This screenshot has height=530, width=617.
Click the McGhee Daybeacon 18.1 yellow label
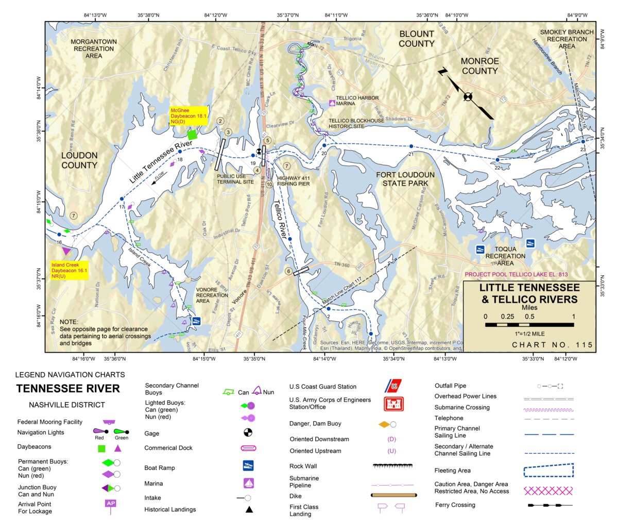tap(188, 116)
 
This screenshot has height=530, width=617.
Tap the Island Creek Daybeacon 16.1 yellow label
tap(69, 270)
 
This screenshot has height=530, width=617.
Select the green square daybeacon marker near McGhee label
tap(192, 135)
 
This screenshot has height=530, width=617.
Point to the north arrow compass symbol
tap(467, 96)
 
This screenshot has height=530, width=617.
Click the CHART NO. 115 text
tap(552, 345)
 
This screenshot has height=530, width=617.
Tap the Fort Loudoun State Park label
tap(405, 179)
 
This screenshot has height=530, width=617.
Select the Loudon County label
tap(79, 160)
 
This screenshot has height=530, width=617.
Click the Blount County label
tap(417, 39)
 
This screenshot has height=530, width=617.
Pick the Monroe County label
tap(479, 66)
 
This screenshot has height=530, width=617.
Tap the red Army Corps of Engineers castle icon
tap(393, 404)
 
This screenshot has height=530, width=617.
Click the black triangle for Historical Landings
tap(249, 509)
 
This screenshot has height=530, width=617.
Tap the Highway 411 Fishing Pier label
tap(294, 180)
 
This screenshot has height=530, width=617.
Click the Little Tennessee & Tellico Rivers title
tap(529, 293)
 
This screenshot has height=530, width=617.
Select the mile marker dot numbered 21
tap(411, 146)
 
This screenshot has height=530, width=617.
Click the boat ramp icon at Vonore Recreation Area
tap(196, 321)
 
